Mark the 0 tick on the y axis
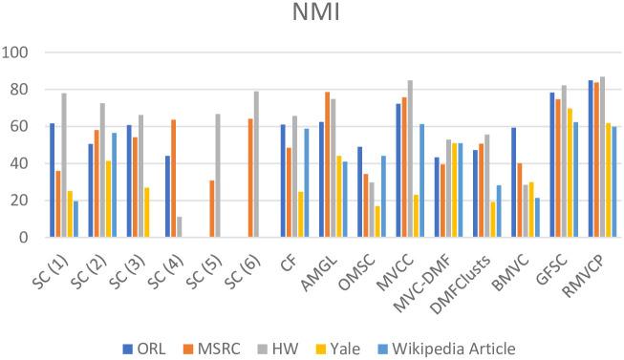pyautogui.click(x=27, y=238)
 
